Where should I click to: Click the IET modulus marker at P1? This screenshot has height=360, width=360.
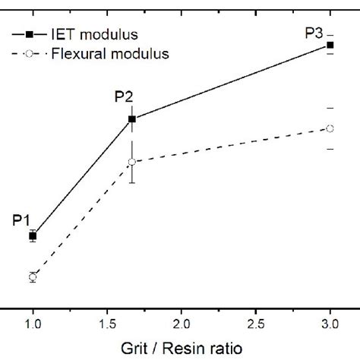(33, 236)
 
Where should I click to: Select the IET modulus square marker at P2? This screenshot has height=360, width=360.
(132, 118)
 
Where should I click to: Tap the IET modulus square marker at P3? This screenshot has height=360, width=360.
(330, 46)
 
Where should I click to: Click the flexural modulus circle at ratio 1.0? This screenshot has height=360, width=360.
(33, 277)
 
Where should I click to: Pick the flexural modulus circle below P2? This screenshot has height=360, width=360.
(132, 162)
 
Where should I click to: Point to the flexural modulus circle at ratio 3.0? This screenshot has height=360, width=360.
(330, 128)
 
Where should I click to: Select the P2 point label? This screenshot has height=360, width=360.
(124, 96)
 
